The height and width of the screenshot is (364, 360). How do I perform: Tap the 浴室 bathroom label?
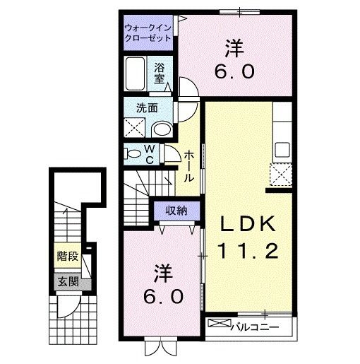point(160,74)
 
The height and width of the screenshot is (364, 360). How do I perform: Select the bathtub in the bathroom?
point(136,73)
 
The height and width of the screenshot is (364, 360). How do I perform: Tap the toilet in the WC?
point(131,153)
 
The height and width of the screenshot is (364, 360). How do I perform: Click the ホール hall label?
point(188,167)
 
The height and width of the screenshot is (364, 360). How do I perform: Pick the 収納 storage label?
point(176,210)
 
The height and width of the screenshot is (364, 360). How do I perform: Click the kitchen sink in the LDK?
point(282,151)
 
